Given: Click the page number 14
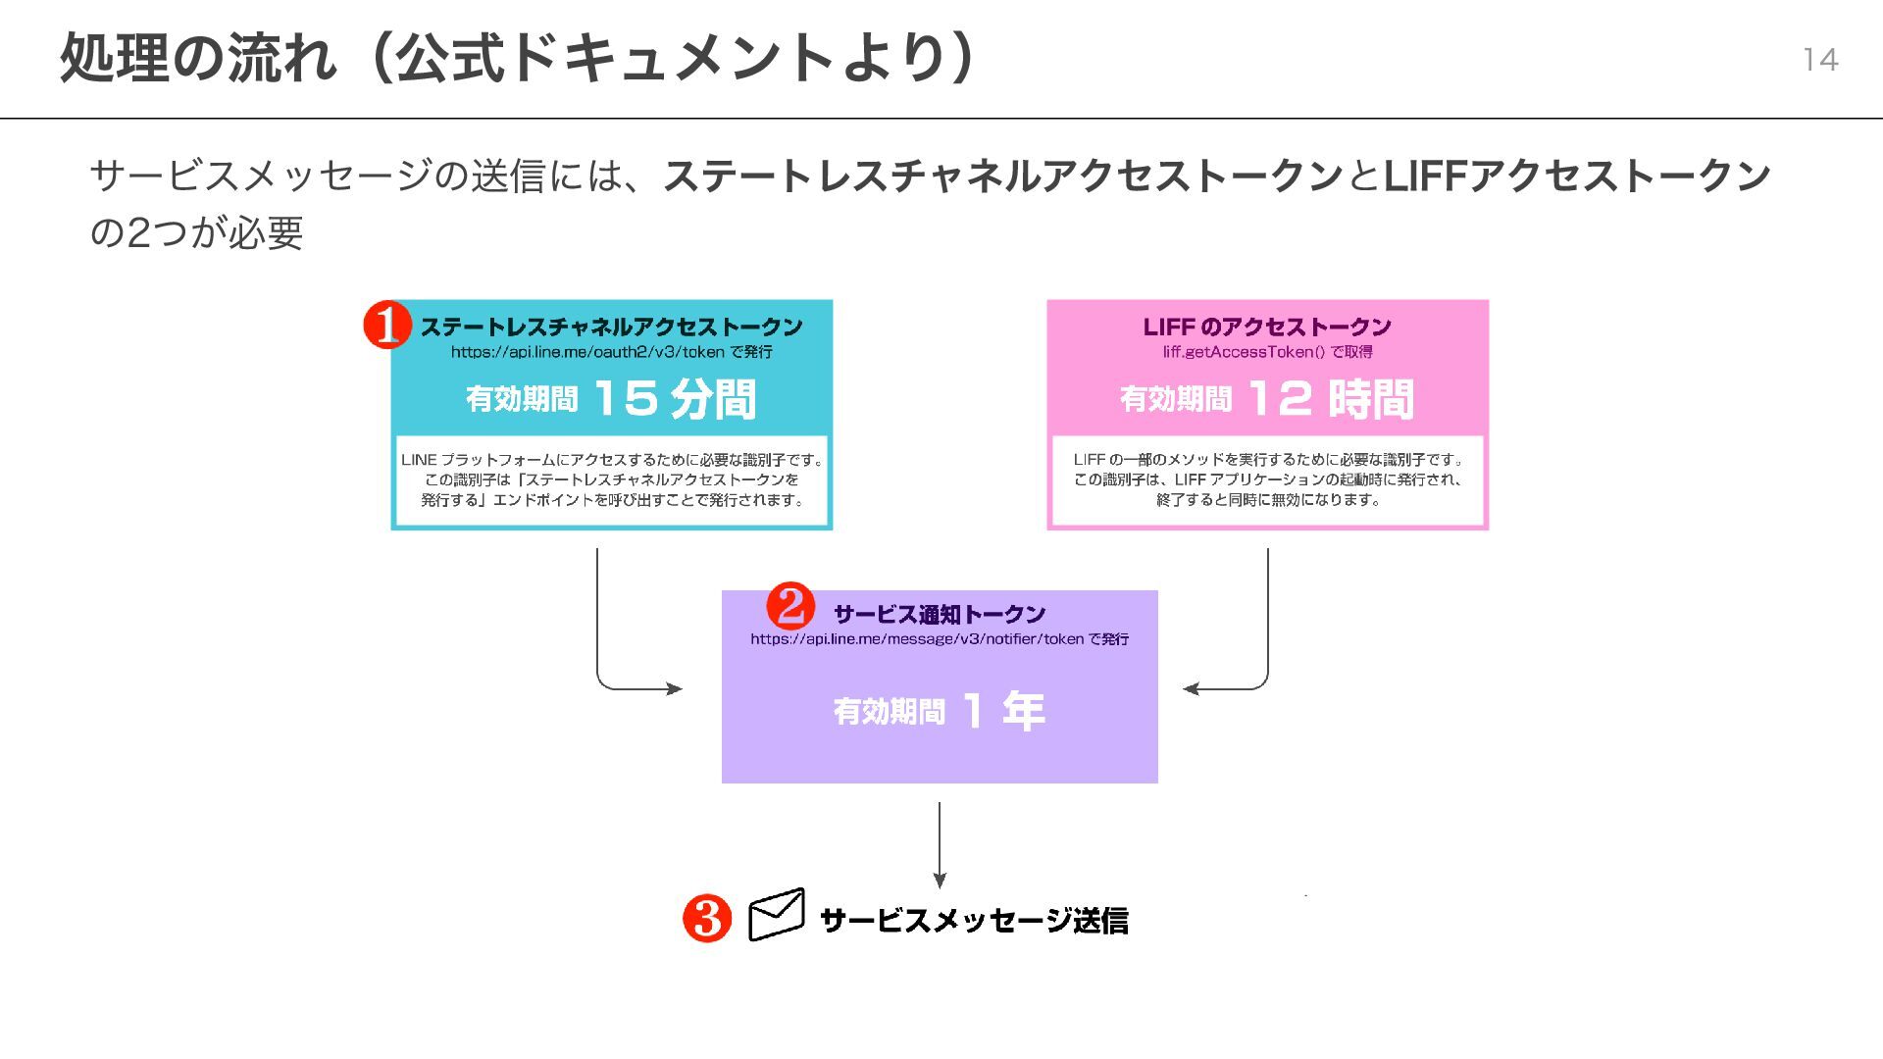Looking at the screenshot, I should click(1819, 60).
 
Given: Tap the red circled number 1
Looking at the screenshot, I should click(387, 325).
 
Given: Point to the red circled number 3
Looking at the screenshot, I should click(707, 918).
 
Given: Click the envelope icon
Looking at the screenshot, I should click(777, 915).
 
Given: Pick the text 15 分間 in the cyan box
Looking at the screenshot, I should click(675, 399).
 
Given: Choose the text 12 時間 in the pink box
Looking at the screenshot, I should click(1330, 399).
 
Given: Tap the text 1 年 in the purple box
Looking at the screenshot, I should click(1003, 711).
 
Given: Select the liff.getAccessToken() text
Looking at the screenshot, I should click(1243, 352).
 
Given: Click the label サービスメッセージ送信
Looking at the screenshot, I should click(973, 921).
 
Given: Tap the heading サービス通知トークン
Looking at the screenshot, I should click(940, 615).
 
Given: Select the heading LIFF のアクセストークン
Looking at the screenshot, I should click(1267, 327).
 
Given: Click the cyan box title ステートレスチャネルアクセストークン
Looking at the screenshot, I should click(612, 327).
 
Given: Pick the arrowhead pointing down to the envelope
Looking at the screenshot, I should click(940, 881).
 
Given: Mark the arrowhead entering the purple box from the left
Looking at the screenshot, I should click(675, 688).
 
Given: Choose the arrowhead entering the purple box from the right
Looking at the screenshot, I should click(1191, 688).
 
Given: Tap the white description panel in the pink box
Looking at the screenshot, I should click(1267, 480).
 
